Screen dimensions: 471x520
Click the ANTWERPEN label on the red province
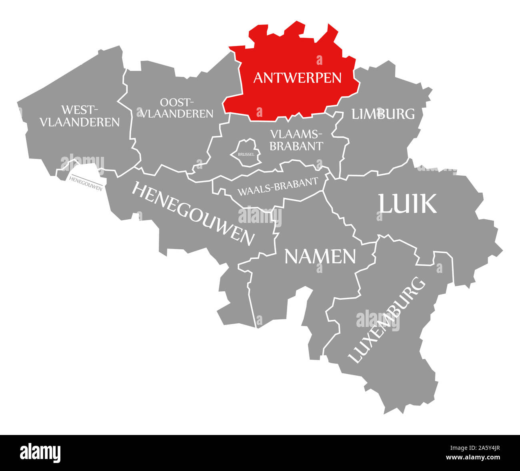click(297, 78)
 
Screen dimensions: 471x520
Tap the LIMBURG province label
click(383, 114)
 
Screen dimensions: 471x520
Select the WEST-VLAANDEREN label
click(80, 116)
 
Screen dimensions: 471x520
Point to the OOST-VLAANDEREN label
click(176, 108)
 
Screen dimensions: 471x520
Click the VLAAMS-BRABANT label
click(296, 140)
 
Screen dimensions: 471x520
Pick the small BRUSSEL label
click(246, 154)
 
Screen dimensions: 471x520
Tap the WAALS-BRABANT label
click(278, 186)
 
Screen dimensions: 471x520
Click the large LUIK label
click(407, 204)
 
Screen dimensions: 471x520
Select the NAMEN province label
click(320, 256)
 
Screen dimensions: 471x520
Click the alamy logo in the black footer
click(40, 452)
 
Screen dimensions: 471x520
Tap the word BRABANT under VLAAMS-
click(296, 146)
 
